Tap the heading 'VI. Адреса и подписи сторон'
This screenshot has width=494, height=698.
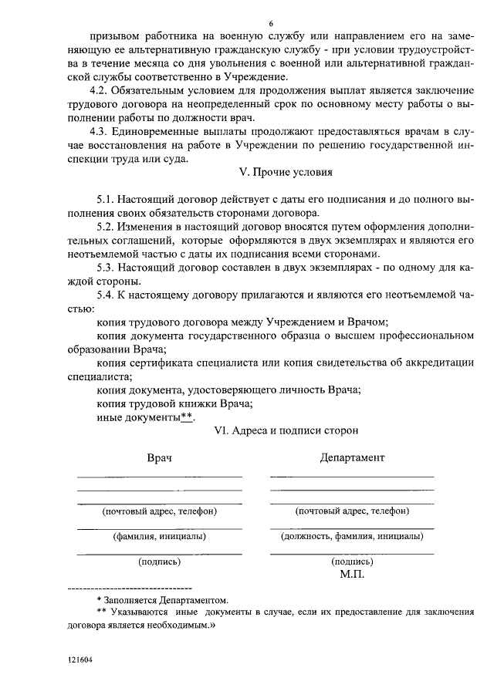click(286, 431)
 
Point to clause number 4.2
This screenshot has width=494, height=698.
click(100, 90)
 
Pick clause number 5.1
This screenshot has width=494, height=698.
click(106, 199)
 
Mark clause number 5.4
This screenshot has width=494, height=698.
click(106, 296)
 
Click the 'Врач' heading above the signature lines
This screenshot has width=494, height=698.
click(159, 457)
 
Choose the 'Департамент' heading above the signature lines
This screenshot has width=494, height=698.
click(352, 457)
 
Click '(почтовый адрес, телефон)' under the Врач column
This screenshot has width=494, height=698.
click(159, 511)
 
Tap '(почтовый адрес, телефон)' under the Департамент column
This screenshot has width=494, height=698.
click(352, 511)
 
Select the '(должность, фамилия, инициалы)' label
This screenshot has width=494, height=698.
click(352, 536)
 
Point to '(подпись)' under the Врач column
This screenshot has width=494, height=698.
click(159, 561)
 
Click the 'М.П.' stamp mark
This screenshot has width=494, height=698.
click(352, 574)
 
